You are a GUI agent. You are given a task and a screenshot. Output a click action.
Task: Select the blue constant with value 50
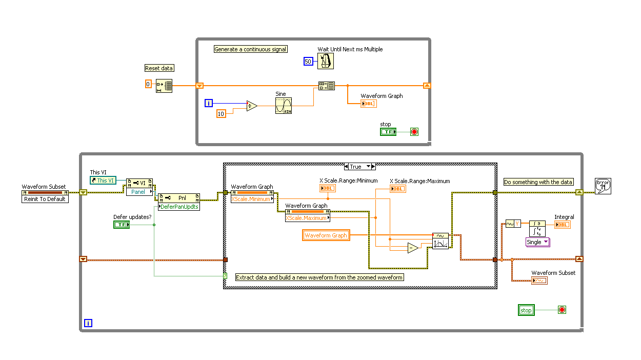coord(308,62)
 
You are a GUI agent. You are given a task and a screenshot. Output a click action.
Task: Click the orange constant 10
coord(221,113)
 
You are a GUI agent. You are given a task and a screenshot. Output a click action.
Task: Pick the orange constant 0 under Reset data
coord(148,84)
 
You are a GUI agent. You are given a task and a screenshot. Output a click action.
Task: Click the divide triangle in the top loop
coord(251,106)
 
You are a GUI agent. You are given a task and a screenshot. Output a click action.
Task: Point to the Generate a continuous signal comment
coord(251,49)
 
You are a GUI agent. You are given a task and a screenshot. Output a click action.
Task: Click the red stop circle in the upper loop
coord(414,132)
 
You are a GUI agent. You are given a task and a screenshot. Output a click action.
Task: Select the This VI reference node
coord(103,181)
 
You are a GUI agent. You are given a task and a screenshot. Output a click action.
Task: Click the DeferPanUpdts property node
coord(179,207)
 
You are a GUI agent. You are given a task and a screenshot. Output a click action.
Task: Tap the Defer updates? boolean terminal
coord(122,225)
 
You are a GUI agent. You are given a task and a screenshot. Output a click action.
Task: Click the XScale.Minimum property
coord(251,199)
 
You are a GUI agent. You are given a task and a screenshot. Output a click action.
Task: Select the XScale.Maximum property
coord(307,218)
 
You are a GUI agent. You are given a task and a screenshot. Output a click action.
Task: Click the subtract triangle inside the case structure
coord(413,248)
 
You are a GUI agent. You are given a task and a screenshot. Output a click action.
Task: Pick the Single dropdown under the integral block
coord(537,242)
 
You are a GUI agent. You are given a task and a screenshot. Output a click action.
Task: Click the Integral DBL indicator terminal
coord(562,225)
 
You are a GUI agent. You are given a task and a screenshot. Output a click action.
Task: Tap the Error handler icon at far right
coord(603,186)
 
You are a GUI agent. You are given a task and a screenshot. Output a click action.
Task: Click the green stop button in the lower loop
coord(527,310)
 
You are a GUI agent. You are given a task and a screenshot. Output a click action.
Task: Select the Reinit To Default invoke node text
coord(45,199)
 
